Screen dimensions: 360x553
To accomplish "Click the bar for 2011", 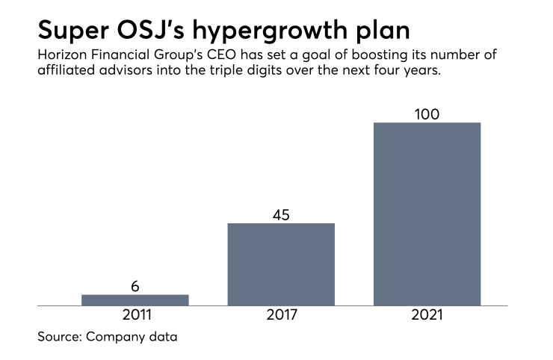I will coord(135,300).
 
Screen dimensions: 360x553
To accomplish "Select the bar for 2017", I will coord(281,264).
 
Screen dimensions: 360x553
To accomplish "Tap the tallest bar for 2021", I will coord(427,214).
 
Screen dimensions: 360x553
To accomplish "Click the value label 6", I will coord(135,286).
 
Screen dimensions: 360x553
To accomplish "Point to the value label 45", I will coord(281,215).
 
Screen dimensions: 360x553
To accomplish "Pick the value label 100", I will coord(427,114).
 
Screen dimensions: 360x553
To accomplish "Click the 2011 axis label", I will coord(135,315).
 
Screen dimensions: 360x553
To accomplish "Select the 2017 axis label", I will coord(281,315).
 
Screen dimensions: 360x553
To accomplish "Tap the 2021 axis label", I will coord(427,315).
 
